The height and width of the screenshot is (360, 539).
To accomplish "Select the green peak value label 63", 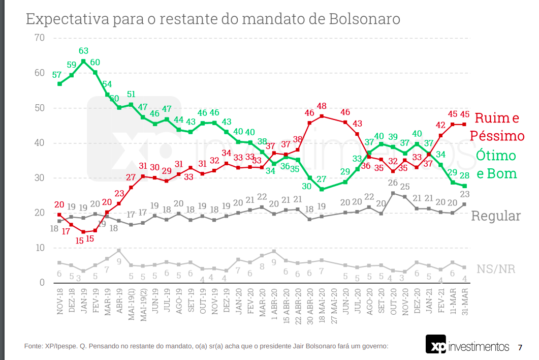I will point(84,51).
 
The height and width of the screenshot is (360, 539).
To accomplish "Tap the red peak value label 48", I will point(322,106).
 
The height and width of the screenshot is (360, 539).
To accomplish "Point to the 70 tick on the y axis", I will point(40,38).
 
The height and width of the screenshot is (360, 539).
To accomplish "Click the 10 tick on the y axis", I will point(40,248).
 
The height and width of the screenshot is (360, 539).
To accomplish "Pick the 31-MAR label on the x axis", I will point(464,301).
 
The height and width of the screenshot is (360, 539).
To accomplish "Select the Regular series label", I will point(496,216).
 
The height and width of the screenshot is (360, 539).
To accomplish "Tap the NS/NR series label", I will point(495,268).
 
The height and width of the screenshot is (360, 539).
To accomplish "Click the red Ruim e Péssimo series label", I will point(497,127).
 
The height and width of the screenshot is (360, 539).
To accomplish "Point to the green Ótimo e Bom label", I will point(496,164).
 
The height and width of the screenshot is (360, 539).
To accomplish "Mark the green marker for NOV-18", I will point(59,83).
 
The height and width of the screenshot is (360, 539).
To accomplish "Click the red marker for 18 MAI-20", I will point(322,116).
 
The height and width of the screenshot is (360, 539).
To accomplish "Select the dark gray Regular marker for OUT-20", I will point(393,193).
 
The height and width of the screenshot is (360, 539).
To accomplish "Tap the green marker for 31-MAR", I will point(464,186).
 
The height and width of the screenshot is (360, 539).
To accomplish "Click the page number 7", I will point(520,348).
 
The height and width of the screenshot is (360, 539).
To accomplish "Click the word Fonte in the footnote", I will point(34,346).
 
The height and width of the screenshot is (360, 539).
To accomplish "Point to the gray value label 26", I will point(393,183).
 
